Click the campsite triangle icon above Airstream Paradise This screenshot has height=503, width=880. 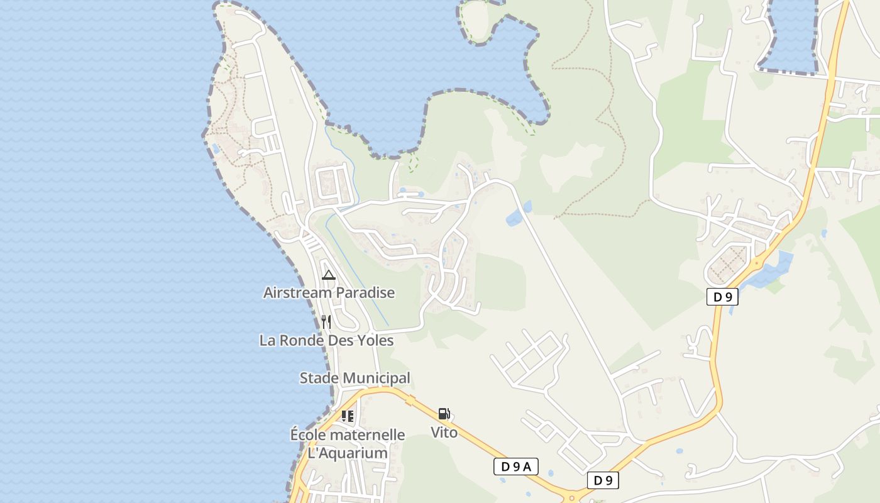tap(328, 275)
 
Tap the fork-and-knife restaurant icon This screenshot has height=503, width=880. tap(326, 322)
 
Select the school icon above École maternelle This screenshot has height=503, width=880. tap(347, 416)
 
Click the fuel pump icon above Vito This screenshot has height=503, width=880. tap(444, 414)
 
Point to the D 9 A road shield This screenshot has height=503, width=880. tap(516, 466)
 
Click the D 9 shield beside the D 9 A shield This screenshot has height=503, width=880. tap(603, 480)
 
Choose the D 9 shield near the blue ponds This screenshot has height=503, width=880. tap(722, 297)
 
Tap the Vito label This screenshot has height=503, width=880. tap(444, 433)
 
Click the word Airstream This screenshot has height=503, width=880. tap(297, 292)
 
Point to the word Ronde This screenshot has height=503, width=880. tap(302, 340)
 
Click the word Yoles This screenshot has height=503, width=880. tap(374, 340)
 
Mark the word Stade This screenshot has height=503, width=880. tap(318, 378)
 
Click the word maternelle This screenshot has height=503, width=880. tap(367, 434)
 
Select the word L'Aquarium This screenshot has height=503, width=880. tap(347, 453)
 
